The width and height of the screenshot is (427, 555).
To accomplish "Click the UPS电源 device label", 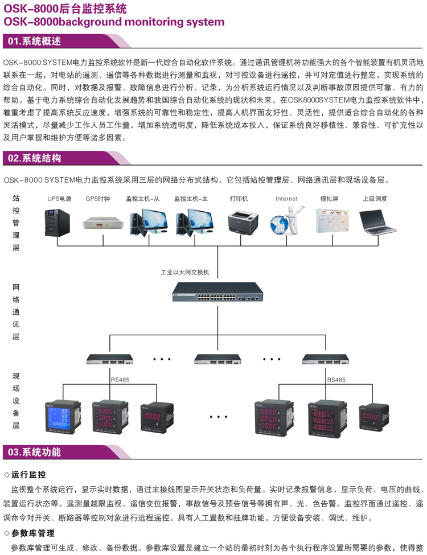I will [59, 199].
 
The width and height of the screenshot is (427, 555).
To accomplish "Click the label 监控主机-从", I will [143, 199].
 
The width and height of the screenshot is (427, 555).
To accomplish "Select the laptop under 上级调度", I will [378, 222].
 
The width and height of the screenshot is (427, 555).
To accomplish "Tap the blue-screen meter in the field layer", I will [59, 417].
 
